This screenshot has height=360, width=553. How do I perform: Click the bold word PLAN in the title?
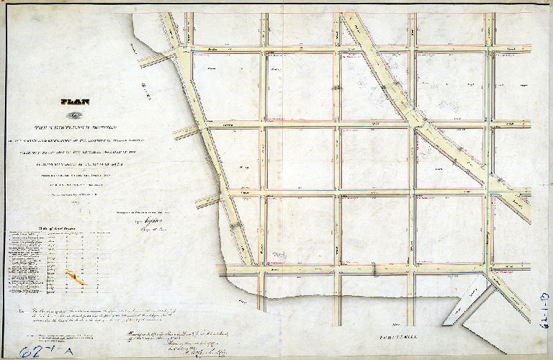pos(76,102)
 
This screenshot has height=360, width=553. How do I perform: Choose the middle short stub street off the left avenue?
pos(186,132)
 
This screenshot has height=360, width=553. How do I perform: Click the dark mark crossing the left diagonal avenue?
pos(235,226)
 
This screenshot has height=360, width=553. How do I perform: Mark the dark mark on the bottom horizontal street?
pos(375,269)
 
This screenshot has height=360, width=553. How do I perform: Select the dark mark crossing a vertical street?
pos(336,86)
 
